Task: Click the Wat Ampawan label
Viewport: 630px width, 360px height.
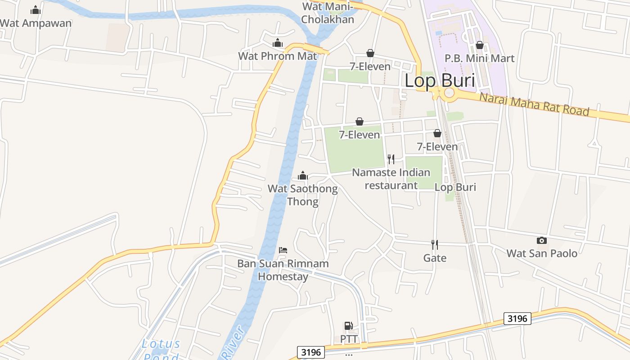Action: pyautogui.click(x=36, y=23)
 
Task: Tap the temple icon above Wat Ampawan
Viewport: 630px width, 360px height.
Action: pyautogui.click(x=36, y=10)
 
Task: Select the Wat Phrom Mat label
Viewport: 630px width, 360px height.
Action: pyautogui.click(x=277, y=56)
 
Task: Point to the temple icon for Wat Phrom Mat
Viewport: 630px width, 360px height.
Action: pyautogui.click(x=278, y=43)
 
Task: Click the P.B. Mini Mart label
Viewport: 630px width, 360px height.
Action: pyautogui.click(x=479, y=58)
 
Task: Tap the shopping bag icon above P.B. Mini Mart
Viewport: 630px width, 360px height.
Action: pyautogui.click(x=480, y=45)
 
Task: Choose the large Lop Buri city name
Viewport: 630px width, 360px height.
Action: pyautogui.click(x=440, y=81)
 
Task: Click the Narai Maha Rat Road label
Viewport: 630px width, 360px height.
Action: pyautogui.click(x=534, y=104)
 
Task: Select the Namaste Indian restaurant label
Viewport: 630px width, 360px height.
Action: pyautogui.click(x=391, y=179)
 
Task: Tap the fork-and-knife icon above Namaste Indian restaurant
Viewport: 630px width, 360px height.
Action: pyautogui.click(x=391, y=159)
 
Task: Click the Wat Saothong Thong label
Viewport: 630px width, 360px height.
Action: pyautogui.click(x=302, y=194)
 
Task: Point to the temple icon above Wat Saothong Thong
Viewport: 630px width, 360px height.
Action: pyautogui.click(x=303, y=175)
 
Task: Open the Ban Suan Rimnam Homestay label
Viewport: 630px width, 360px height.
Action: pyautogui.click(x=283, y=270)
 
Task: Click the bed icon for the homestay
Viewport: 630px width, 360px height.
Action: pyautogui.click(x=283, y=250)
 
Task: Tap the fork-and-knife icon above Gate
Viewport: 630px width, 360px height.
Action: pyautogui.click(x=435, y=245)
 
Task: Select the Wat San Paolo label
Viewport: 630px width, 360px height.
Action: pyautogui.click(x=542, y=253)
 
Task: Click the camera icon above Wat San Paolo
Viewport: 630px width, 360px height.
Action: pyautogui.click(x=542, y=240)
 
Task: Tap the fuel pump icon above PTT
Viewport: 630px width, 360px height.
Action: pyautogui.click(x=348, y=325)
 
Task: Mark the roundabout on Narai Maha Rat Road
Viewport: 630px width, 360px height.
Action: pyautogui.click(x=449, y=94)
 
